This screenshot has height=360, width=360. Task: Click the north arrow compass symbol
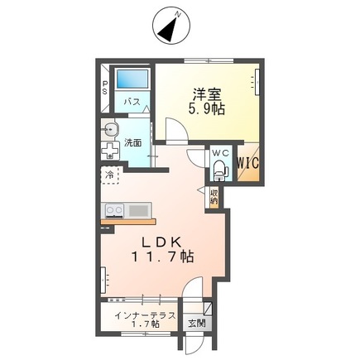click(x=171, y=26)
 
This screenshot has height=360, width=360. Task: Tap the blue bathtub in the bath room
click(x=132, y=79)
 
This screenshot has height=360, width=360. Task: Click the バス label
click(x=132, y=102)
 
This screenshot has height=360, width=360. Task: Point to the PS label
click(x=105, y=87)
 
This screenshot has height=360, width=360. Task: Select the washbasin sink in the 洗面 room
click(x=110, y=129)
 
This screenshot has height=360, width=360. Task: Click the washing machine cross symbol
click(x=110, y=151)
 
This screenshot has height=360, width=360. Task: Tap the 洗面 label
click(x=133, y=143)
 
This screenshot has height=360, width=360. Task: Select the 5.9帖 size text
click(x=206, y=109)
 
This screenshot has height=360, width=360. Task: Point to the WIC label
click(x=248, y=163)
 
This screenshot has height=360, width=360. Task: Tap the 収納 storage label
click(x=214, y=196)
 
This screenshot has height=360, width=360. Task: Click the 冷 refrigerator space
click(x=110, y=175)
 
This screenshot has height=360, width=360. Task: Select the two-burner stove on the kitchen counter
click(x=114, y=211)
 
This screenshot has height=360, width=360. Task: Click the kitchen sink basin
click(x=139, y=211)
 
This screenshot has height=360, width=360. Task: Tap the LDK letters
click(x=162, y=242)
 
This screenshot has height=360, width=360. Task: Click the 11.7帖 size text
click(x=162, y=257)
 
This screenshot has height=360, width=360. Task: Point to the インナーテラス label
click(x=145, y=315)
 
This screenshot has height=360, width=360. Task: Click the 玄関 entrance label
click(x=197, y=324)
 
